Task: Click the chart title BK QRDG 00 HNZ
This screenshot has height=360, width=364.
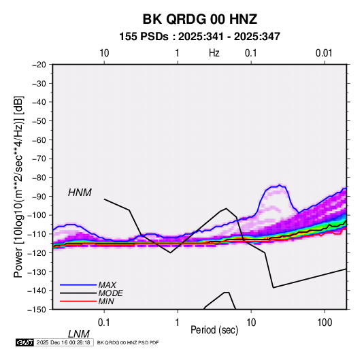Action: coord(199,19)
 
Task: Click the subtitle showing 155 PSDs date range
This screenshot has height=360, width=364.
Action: coord(199,37)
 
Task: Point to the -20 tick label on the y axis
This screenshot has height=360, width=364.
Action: coord(39,65)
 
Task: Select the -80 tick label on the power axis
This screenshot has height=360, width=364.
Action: coord(39,178)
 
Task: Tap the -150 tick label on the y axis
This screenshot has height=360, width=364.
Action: coord(37,310)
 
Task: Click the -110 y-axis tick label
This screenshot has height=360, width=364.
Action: coord(37,234)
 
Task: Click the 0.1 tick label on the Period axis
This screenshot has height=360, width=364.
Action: coord(104,323)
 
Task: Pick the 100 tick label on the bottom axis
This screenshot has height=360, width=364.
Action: coord(325,323)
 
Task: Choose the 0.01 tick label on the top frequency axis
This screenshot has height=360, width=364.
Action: coord(324,53)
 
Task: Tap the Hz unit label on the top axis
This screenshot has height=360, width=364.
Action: coord(214,53)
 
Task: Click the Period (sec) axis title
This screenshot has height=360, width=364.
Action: coord(214,330)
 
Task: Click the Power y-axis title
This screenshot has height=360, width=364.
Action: coord(18,186)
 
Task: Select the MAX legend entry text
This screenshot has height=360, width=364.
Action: coord(107,284)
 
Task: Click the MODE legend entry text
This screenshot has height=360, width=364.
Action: coord(110,293)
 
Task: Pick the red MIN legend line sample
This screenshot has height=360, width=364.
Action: coord(78,301)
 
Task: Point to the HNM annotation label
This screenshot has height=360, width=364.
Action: coord(80,193)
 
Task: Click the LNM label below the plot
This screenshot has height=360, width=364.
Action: coord(79,334)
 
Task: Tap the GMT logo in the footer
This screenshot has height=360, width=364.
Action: coord(24,342)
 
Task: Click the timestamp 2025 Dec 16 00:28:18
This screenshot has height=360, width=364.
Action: coord(63,342)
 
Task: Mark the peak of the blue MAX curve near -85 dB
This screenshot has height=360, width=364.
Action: coord(280,185)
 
